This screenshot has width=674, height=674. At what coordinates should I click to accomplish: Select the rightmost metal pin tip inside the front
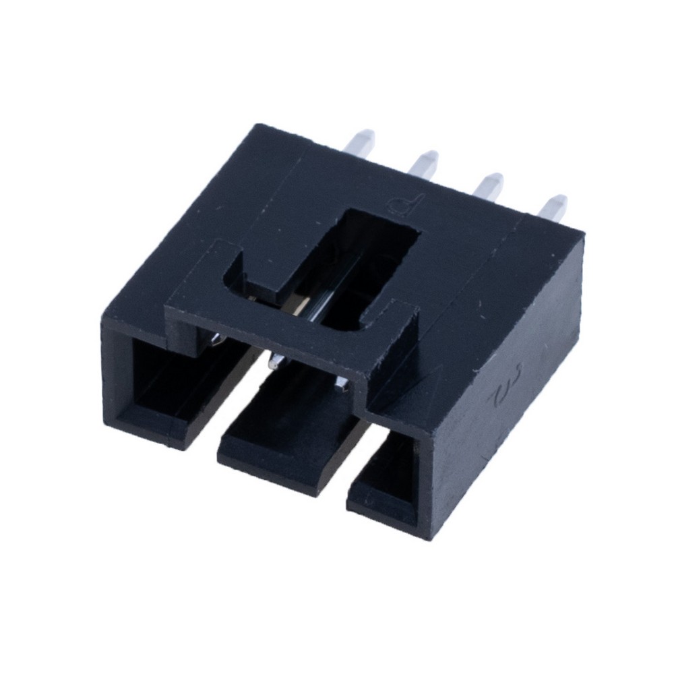pos(340,386)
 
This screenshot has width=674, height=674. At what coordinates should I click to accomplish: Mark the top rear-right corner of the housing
pos(582,233)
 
